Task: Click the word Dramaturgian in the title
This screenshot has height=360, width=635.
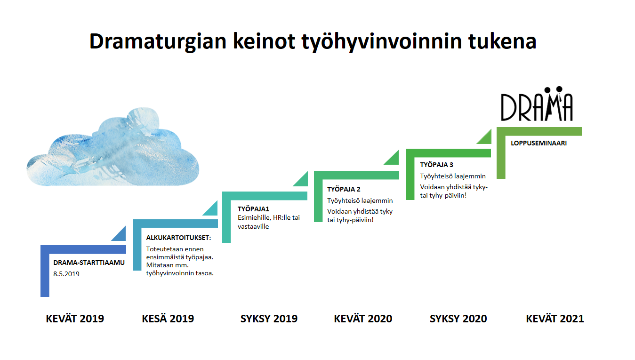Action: click(158, 42)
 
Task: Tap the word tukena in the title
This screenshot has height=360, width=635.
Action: click(502, 41)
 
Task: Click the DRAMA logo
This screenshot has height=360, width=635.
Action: click(537, 104)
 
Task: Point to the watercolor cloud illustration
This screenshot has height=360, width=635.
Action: click(113, 147)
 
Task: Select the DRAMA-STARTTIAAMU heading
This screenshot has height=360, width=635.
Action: click(89, 263)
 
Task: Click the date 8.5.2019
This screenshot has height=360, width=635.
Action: click(66, 274)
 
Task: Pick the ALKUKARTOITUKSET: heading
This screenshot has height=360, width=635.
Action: click(178, 238)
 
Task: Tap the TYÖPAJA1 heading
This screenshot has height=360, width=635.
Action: click(253, 209)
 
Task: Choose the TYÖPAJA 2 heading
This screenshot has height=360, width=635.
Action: click(344, 189)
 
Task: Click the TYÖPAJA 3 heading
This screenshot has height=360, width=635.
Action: click(436, 165)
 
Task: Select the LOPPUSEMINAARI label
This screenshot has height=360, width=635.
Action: click(539, 143)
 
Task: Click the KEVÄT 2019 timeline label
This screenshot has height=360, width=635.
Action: click(75, 319)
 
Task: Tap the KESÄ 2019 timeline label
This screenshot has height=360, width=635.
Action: click(168, 319)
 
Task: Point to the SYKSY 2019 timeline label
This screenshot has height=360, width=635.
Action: click(269, 319)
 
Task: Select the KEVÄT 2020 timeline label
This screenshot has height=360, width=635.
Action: click(363, 319)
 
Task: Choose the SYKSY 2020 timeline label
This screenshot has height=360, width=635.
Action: click(458, 319)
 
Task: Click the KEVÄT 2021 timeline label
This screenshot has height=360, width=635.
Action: click(555, 319)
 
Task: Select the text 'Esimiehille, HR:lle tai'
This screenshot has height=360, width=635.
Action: click(269, 218)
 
